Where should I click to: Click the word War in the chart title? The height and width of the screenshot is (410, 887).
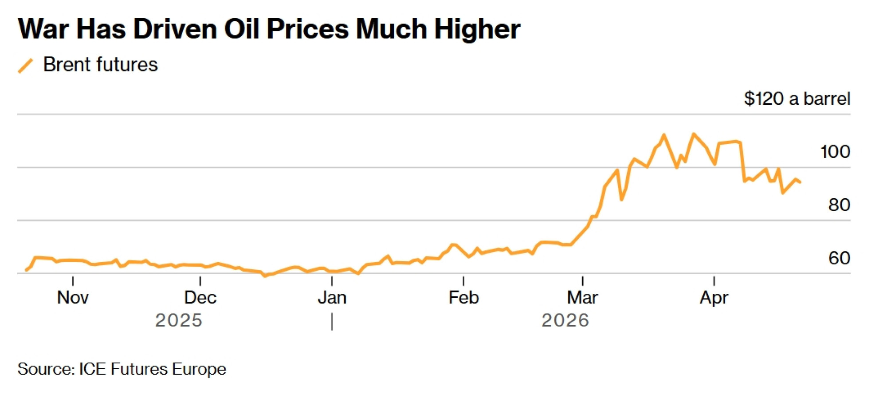43,29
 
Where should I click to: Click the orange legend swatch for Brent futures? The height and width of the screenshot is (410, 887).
25,66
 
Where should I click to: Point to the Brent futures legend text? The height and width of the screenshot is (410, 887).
100,65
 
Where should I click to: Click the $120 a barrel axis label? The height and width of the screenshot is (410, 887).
797,99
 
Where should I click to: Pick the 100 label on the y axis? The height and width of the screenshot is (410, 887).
835,152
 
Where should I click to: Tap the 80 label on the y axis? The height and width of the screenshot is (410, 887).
839,205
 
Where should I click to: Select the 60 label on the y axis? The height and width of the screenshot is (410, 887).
839,258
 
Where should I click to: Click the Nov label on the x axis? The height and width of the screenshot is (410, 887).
73,297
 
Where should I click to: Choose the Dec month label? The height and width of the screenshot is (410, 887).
200,297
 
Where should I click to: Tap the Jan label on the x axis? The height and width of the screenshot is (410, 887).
332,297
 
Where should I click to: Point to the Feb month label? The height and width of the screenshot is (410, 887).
463,297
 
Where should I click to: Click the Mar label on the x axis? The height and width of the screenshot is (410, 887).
582,297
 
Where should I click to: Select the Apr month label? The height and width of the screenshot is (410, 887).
714,297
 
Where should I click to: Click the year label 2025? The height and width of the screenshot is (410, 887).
178,320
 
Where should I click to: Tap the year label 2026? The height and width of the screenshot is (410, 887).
565,320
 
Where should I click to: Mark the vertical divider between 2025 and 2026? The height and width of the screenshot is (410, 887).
332,322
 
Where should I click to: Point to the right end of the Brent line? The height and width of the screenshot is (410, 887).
800,182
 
